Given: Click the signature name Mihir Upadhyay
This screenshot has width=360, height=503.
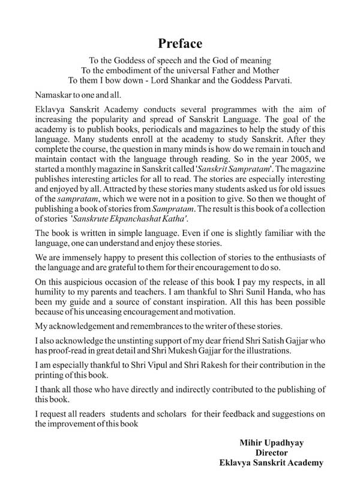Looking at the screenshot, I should [x=271, y=444].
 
